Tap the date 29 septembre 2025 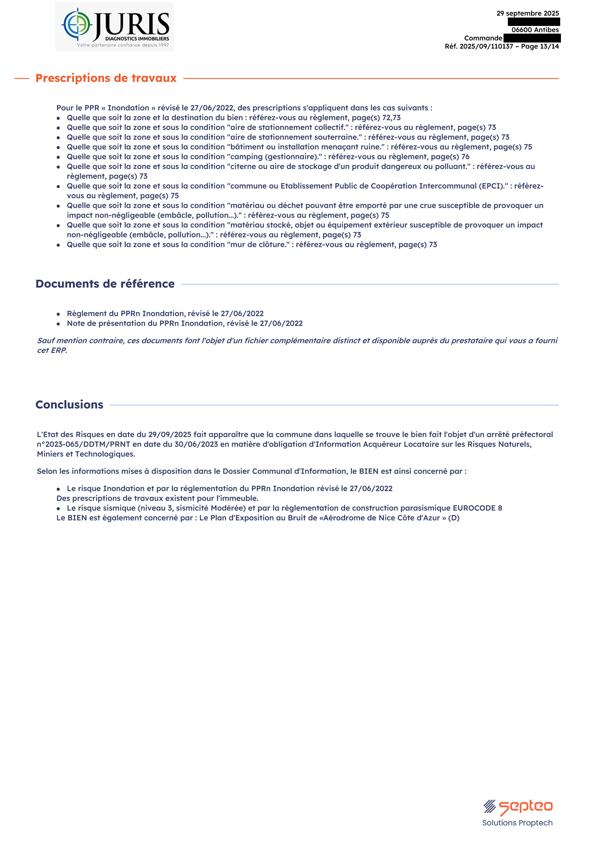527,13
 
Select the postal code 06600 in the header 522,30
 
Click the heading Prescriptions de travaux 106,78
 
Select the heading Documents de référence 105,284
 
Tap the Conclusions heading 69,405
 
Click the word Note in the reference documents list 76,323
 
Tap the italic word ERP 59,350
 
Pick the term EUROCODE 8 477,508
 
